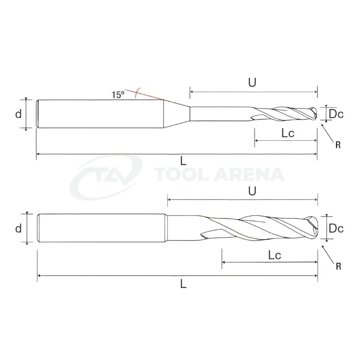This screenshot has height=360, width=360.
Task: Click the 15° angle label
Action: coord(118,95)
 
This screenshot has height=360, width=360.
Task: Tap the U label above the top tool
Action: coord(252,82)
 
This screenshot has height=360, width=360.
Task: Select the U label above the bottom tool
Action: coord(252,191)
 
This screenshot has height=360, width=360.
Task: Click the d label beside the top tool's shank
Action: coord(18,113)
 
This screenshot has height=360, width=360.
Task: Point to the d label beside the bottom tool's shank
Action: coord(18,228)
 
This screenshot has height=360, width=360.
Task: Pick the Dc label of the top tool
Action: coord(336,114)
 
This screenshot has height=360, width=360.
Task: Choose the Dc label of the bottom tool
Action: coord(336,228)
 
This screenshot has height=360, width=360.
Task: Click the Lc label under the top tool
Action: coord(288,133)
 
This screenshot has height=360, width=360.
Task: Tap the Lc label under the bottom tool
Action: coord(275,255)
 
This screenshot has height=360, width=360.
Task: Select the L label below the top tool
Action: coord(183,161)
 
